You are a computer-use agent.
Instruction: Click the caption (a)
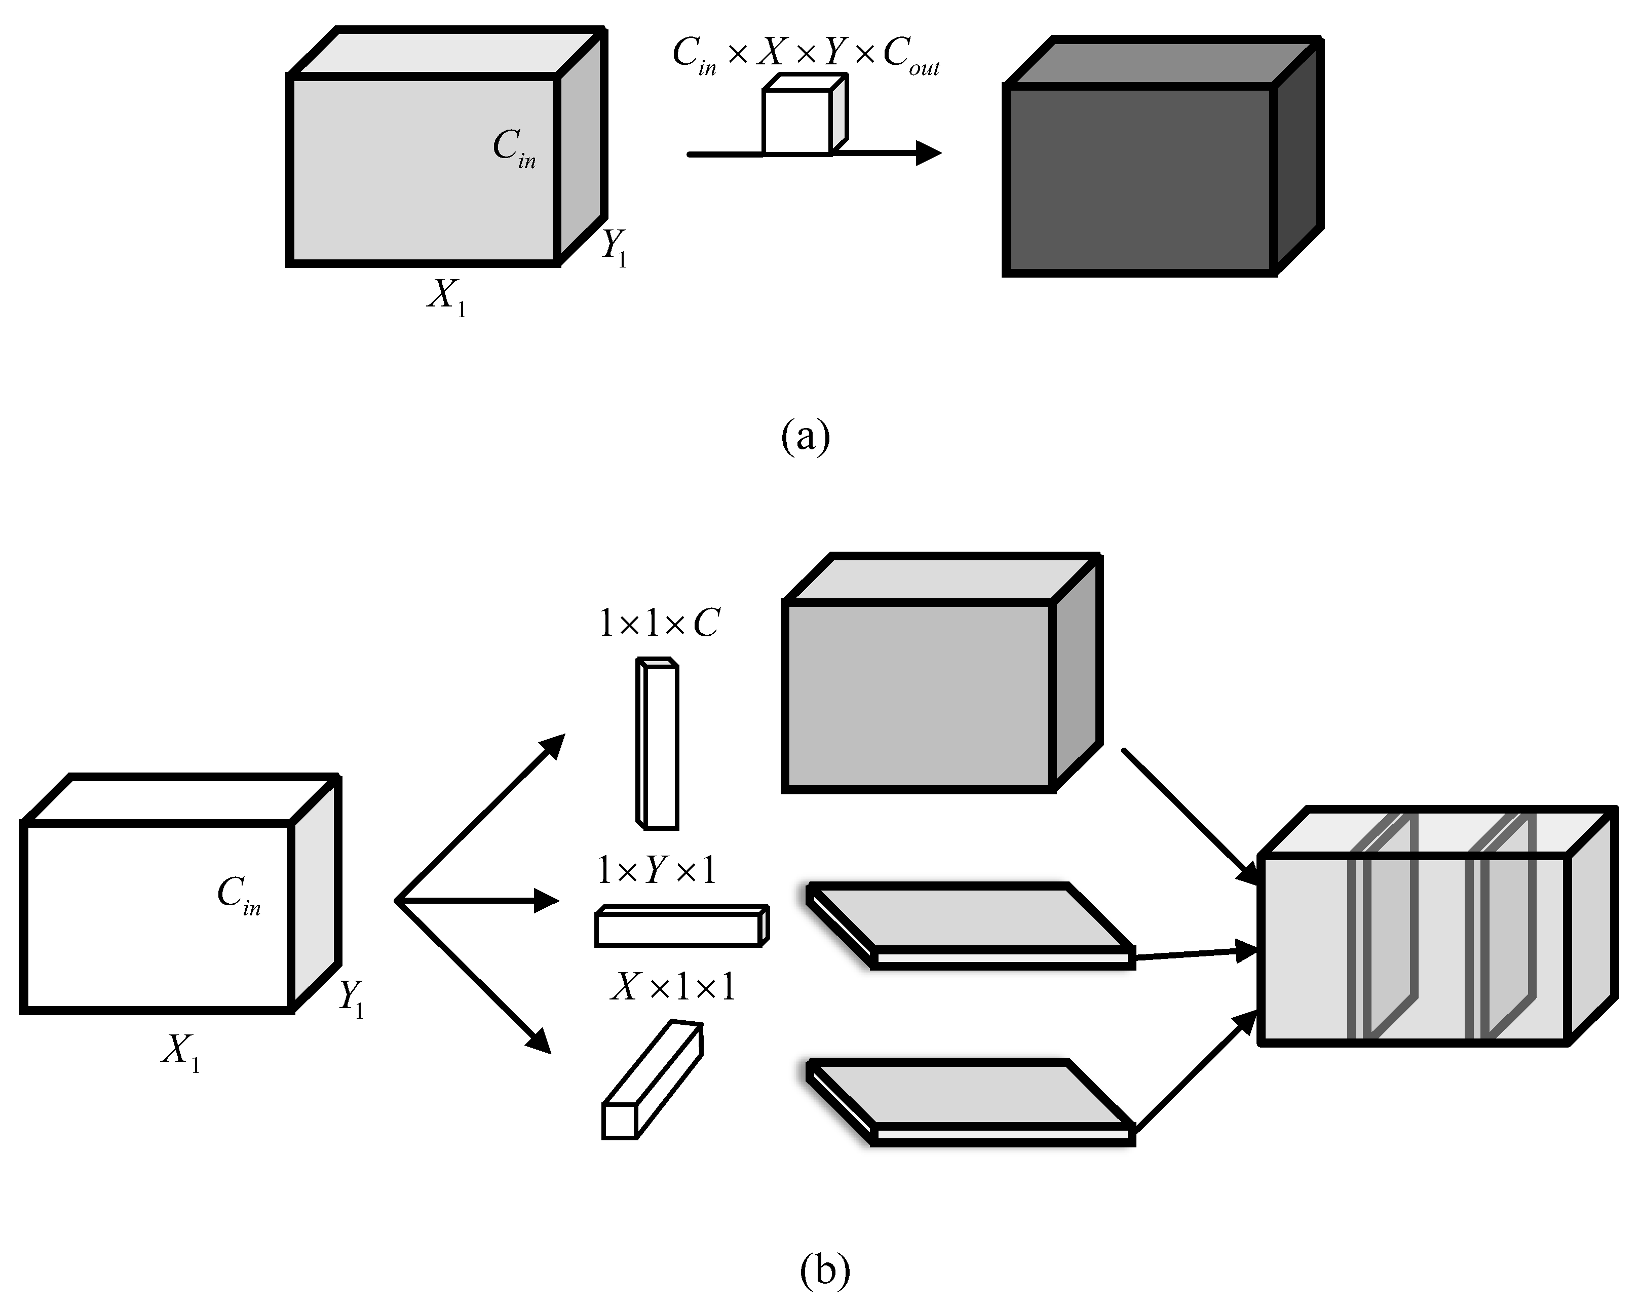coord(806,437)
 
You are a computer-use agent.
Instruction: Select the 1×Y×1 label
coord(657,870)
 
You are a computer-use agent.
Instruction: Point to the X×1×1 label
coord(673,988)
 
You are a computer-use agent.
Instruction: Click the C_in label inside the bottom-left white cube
coord(239,895)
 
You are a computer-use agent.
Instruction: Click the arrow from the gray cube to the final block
coord(1188,816)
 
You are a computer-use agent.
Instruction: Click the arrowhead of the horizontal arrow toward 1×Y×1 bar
coord(547,901)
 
